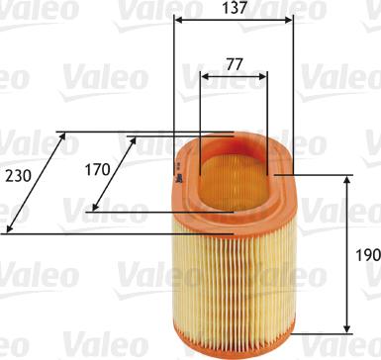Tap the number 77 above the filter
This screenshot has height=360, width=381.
pos(233,62)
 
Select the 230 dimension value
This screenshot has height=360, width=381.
pos(17,177)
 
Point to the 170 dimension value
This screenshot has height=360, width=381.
pos(96,169)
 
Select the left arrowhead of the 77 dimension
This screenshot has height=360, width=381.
pos(203,75)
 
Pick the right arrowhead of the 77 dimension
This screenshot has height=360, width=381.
pos(264,75)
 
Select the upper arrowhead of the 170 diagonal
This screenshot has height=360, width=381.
pos(134,140)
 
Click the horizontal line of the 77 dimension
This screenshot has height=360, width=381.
pos(234,75)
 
